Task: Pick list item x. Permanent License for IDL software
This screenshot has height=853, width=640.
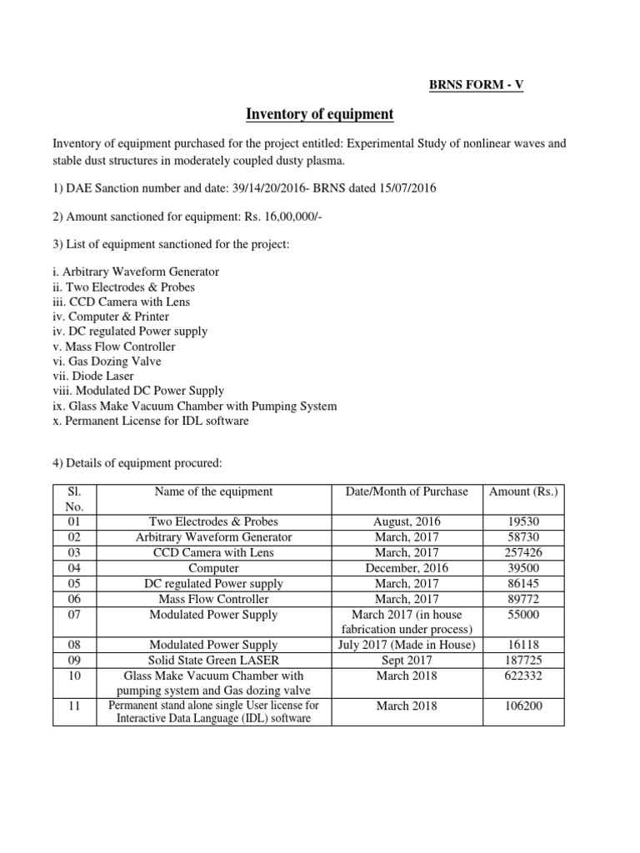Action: point(150,421)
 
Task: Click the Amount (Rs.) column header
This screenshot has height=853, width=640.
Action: point(523,492)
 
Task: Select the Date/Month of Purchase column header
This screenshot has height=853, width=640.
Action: point(407,492)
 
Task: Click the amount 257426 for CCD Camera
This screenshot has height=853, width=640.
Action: point(523,553)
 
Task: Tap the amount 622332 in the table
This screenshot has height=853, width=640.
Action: point(523,676)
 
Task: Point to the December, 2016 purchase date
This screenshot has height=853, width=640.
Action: point(407,568)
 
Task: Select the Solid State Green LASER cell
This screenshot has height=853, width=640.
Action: point(213,660)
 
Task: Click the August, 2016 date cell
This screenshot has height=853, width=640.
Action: point(407,522)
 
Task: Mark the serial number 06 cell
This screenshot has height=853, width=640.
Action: point(74,599)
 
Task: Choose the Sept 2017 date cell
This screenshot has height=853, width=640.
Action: point(407,660)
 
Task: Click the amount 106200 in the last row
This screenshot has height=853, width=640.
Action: point(523,706)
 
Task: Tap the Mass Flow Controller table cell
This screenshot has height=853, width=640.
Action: point(213,599)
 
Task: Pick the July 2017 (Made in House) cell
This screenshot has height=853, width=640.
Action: point(407,645)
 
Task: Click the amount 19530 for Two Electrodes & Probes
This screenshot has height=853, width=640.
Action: point(523,522)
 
